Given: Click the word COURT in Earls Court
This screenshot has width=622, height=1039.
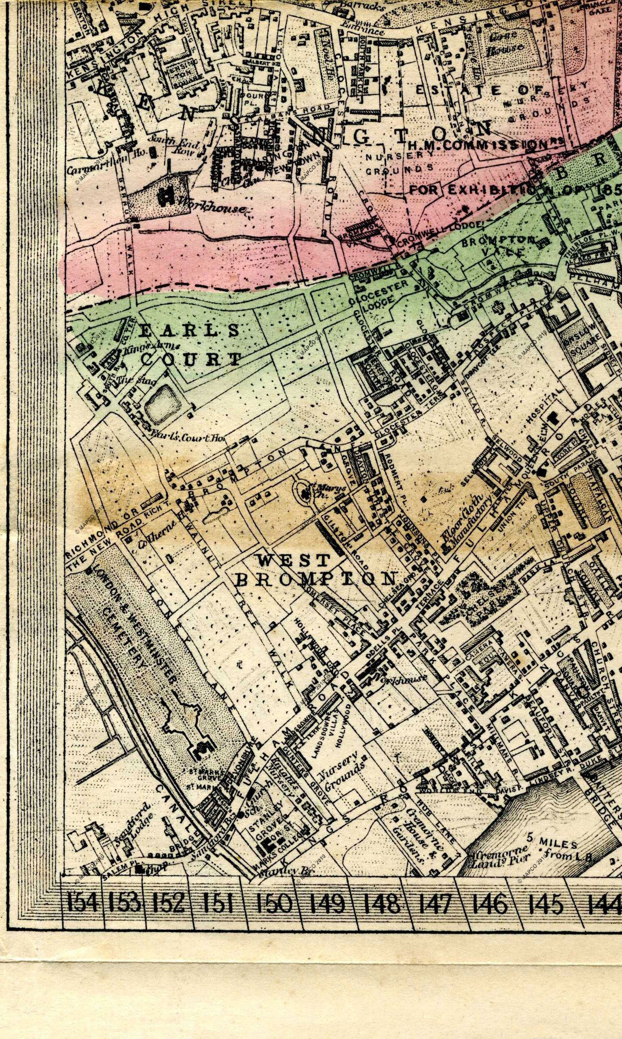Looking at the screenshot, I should coord(191,359).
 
